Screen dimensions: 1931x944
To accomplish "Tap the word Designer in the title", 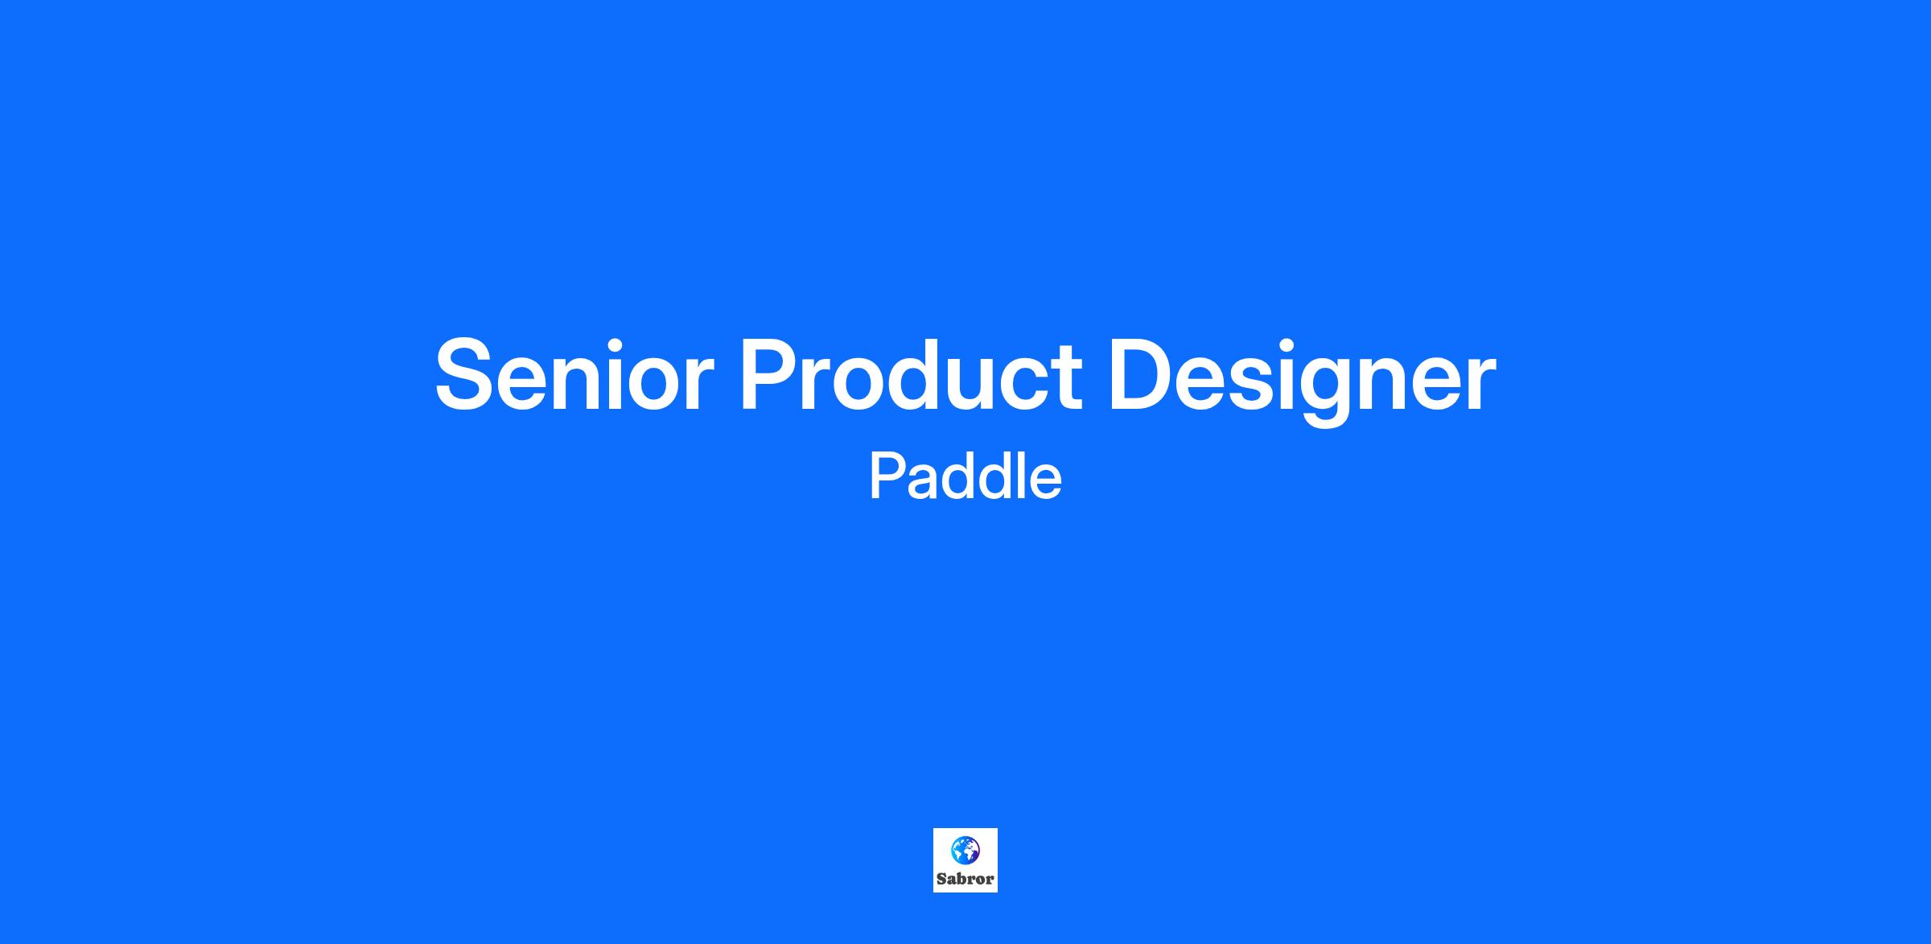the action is tap(1302, 379).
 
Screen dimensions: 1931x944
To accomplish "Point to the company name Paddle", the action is tap(965, 476).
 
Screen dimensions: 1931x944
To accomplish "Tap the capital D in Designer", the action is tap(1143, 374).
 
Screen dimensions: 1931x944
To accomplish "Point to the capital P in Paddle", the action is tap(887, 477).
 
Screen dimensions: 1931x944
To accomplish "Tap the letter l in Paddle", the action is tap(1015, 476).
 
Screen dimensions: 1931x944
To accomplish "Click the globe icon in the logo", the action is tap(965, 851).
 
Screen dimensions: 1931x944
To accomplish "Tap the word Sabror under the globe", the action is tap(965, 880).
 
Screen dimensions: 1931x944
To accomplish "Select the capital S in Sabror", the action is tap(941, 880).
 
